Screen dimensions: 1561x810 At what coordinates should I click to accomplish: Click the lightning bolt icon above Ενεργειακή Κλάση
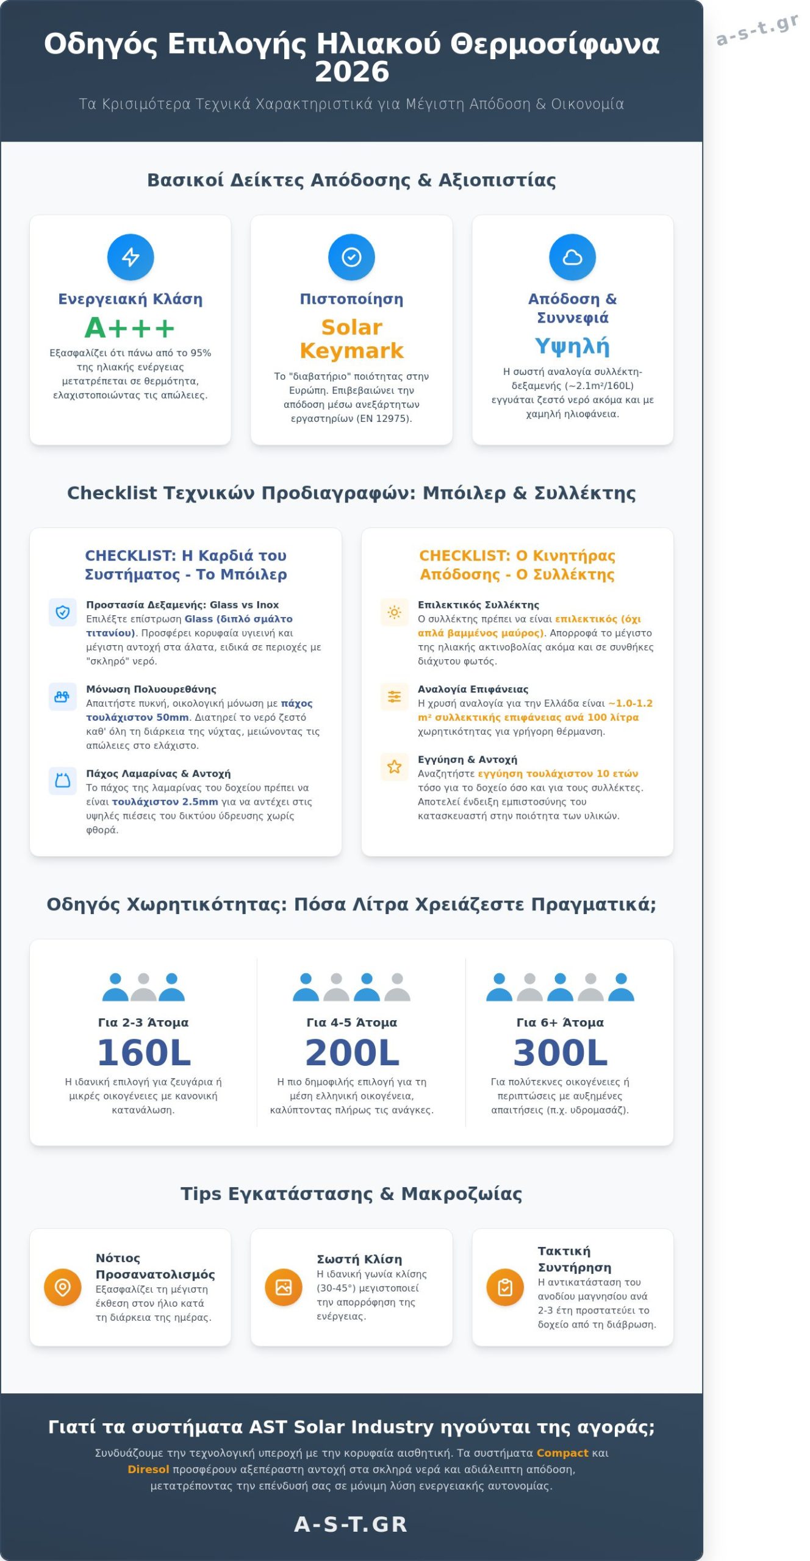(x=131, y=257)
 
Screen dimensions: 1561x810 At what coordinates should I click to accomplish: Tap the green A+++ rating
(x=129, y=328)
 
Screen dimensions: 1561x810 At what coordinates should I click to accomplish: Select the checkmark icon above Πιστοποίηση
(x=351, y=257)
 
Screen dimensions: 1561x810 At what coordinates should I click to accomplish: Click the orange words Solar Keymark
(x=351, y=339)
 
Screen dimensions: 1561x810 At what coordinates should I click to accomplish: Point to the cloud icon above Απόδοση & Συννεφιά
(x=572, y=257)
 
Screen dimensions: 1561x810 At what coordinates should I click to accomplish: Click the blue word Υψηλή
(x=572, y=346)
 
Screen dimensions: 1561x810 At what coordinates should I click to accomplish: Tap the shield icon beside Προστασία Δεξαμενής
(x=63, y=612)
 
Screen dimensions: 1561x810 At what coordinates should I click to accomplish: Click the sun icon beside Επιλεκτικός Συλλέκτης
(x=395, y=612)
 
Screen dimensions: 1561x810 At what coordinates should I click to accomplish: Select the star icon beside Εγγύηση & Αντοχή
(x=395, y=766)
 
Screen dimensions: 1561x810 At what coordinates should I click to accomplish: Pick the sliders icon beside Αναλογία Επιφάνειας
(x=395, y=696)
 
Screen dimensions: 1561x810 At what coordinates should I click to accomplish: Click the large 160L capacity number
(x=144, y=1052)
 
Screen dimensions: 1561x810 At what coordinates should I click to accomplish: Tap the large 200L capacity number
(x=352, y=1052)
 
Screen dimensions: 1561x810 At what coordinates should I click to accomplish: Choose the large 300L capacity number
(x=561, y=1052)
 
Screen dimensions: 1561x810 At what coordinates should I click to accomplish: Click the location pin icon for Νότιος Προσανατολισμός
(x=63, y=1287)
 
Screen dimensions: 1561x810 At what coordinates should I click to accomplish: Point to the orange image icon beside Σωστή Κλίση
(x=284, y=1287)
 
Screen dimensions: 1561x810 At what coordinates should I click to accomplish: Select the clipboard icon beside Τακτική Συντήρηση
(x=505, y=1287)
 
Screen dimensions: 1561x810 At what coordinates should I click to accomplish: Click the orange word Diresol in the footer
(x=148, y=1470)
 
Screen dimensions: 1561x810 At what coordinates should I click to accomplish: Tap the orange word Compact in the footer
(x=562, y=1453)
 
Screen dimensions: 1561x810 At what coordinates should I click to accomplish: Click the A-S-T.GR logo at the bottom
(x=351, y=1524)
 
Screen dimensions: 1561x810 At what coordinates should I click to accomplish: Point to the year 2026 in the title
(x=352, y=72)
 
